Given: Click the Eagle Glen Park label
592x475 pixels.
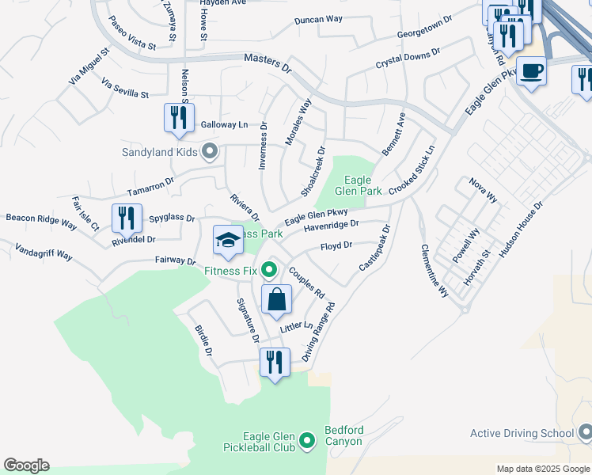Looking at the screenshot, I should point(358,185).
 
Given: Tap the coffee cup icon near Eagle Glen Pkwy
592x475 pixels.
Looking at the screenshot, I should point(530,71).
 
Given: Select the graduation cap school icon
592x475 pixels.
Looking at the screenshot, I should point(228,240).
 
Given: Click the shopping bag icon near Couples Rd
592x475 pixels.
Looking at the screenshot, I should point(276,300).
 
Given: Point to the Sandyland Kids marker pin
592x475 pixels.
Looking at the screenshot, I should point(210,150).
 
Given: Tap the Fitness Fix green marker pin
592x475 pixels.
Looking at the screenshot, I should point(269,271).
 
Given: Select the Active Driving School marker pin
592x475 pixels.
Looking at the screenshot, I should point(585,432).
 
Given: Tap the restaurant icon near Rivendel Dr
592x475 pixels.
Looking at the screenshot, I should point(126,218).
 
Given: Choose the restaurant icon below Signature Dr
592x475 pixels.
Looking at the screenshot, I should point(274,363).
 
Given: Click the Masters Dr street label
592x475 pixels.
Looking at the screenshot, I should point(268,63).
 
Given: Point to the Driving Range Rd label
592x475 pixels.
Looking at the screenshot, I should point(319,332).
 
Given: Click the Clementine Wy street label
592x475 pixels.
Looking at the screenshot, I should point(434,270).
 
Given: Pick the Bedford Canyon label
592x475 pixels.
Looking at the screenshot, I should point(344,436).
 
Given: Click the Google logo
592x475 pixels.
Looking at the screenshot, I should point(26,465).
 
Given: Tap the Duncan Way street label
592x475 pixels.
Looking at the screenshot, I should point(318,19).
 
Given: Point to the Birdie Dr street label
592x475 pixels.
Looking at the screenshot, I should point(204,340).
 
